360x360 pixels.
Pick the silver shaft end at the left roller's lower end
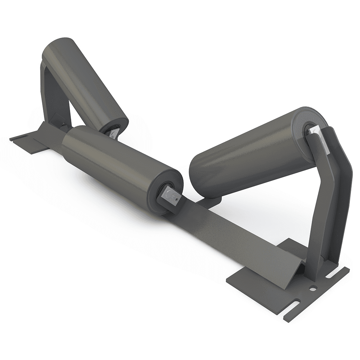112,133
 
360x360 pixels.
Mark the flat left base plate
32,142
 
